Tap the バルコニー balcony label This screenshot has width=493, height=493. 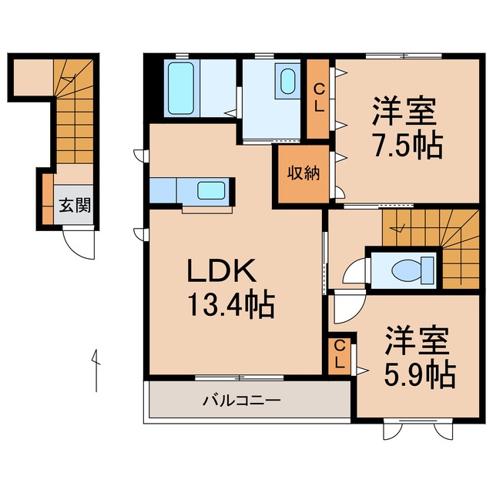pos(242,401)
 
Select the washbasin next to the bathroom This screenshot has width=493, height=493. pos(288,81)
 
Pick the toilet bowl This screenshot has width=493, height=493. pos(404,270)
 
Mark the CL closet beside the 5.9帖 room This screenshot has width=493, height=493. pos(340,355)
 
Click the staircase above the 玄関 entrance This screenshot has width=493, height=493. pos(73,116)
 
